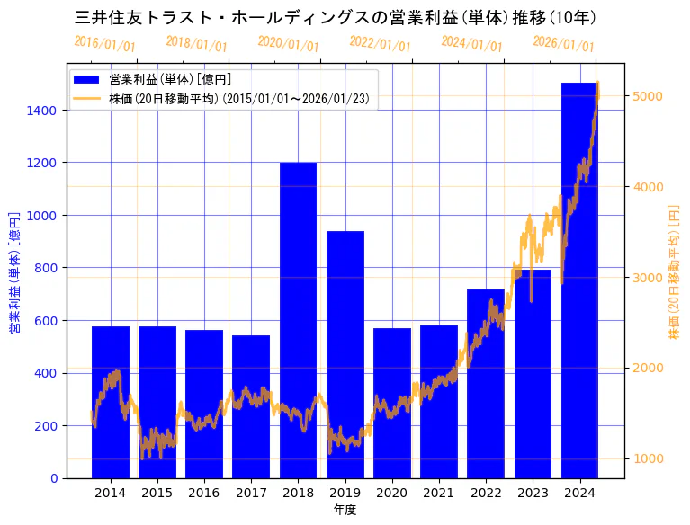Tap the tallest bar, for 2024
579,280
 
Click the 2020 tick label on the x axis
391,493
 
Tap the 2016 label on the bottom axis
204,493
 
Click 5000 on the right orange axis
648,96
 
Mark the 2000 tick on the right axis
648,368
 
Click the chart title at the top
336,17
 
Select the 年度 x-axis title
345,510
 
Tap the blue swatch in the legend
87,79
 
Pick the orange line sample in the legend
87,98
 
